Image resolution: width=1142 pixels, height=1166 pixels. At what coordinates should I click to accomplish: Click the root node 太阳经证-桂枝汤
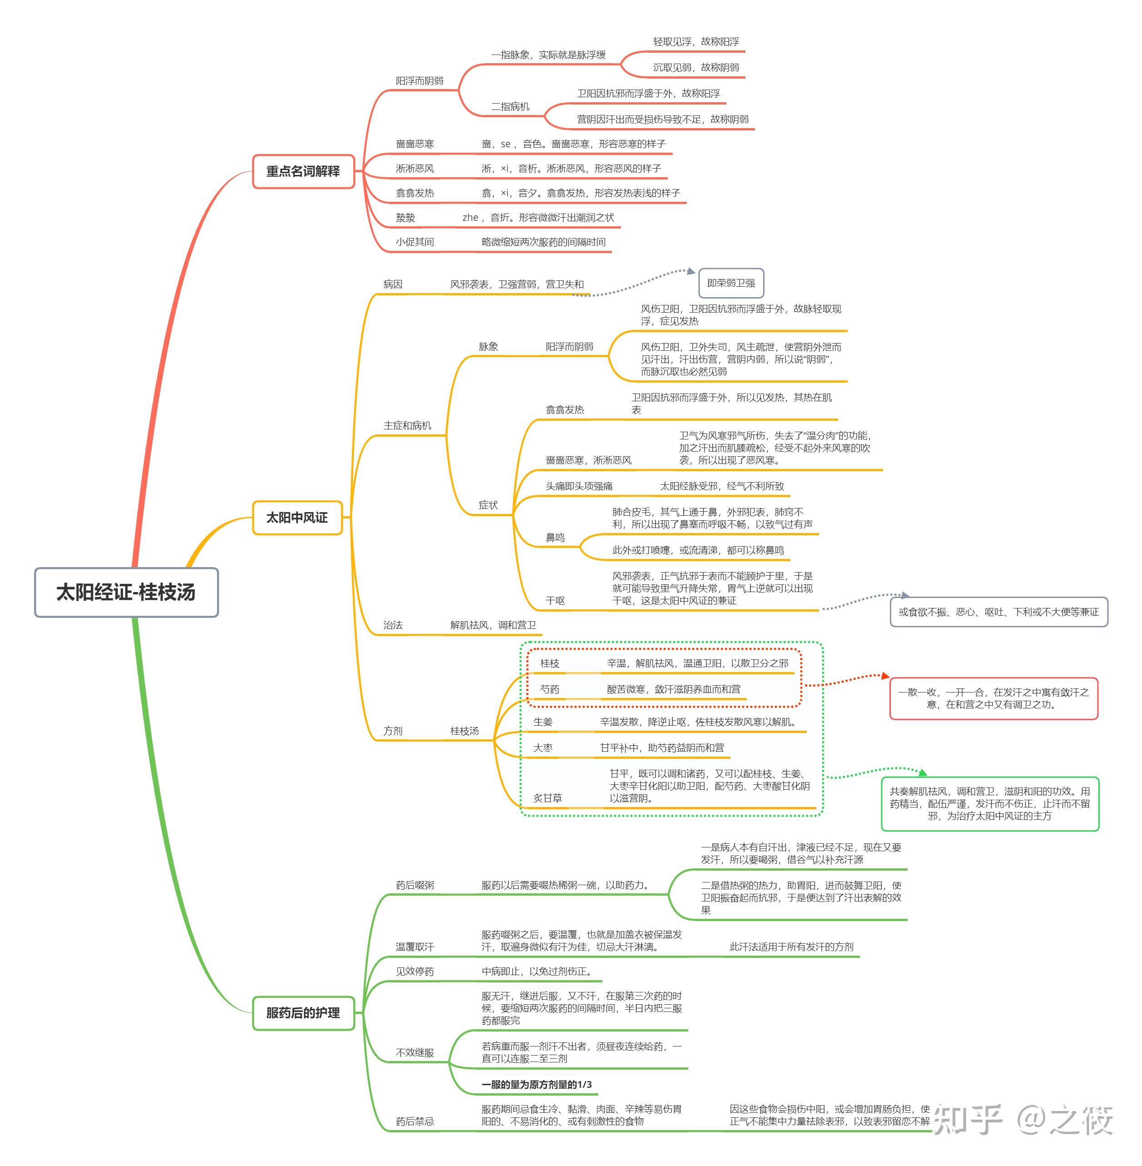126,592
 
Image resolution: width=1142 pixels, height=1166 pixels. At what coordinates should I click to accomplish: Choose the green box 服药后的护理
303,1013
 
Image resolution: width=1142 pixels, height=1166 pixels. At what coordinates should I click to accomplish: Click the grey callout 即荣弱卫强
730,283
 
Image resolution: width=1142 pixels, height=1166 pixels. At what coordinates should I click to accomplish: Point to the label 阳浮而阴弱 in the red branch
419,81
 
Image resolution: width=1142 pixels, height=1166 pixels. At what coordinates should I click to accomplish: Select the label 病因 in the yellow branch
393,284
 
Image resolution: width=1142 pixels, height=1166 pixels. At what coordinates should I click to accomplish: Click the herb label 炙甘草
548,798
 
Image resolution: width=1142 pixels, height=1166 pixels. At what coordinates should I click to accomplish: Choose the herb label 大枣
543,748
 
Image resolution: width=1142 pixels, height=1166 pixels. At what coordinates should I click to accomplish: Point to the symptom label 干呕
555,601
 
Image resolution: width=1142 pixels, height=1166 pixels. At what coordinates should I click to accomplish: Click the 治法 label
393,625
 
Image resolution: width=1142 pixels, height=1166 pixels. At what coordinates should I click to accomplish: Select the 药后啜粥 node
414,885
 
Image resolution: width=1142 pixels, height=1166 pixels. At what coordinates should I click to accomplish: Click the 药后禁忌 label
414,1121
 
